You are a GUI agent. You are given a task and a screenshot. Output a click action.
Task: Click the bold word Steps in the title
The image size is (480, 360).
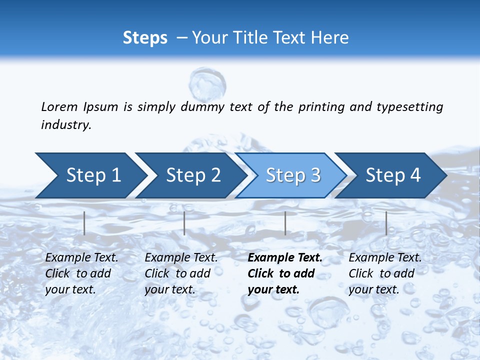pos(145,38)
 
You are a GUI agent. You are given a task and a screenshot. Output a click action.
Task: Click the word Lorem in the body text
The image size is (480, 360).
pos(59,107)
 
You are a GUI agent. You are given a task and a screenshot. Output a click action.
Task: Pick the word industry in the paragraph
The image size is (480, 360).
pos(65,125)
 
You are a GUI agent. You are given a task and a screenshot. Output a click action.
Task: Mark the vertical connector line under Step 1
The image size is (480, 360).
pos(84,223)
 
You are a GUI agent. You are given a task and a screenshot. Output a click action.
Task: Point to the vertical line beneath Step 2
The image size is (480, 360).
pos(184,223)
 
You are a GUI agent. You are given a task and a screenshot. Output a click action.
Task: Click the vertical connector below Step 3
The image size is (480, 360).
pos(285,223)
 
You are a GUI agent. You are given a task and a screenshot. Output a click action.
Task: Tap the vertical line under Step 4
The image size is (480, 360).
pos(386,223)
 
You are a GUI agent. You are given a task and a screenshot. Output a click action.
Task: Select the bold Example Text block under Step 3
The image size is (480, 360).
pos(284,273)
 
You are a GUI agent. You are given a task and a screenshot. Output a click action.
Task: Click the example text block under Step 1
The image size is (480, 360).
pos(81,273)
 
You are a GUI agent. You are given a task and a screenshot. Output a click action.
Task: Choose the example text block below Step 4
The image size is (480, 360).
pos(385,273)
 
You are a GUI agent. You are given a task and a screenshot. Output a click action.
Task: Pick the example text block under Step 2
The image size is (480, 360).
pos(181,273)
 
